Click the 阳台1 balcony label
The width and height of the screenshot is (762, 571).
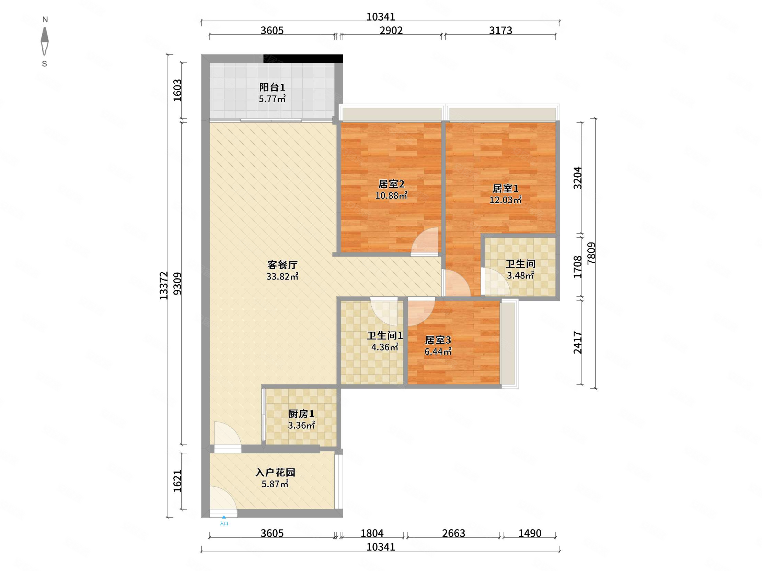272,87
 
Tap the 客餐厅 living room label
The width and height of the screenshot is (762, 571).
282,265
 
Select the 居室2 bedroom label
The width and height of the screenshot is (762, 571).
391,184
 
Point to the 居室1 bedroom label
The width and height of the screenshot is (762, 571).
505,189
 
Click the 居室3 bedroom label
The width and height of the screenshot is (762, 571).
438,340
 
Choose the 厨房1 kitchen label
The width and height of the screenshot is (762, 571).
301,414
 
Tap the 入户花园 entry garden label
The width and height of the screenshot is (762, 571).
275,473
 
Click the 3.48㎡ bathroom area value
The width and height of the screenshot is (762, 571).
520,275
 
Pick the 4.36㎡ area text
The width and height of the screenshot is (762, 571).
385,347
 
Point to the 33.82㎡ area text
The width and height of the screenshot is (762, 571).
282,276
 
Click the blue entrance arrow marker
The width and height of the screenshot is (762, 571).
224,517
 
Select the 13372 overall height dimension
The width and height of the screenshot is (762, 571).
164,286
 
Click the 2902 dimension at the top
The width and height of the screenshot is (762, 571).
391,31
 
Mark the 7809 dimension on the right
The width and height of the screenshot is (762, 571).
591,253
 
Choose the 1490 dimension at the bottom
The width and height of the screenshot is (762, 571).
530,533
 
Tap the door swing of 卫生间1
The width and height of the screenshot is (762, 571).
384,312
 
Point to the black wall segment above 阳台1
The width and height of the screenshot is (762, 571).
303,59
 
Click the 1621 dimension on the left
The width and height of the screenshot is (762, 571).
177,481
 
